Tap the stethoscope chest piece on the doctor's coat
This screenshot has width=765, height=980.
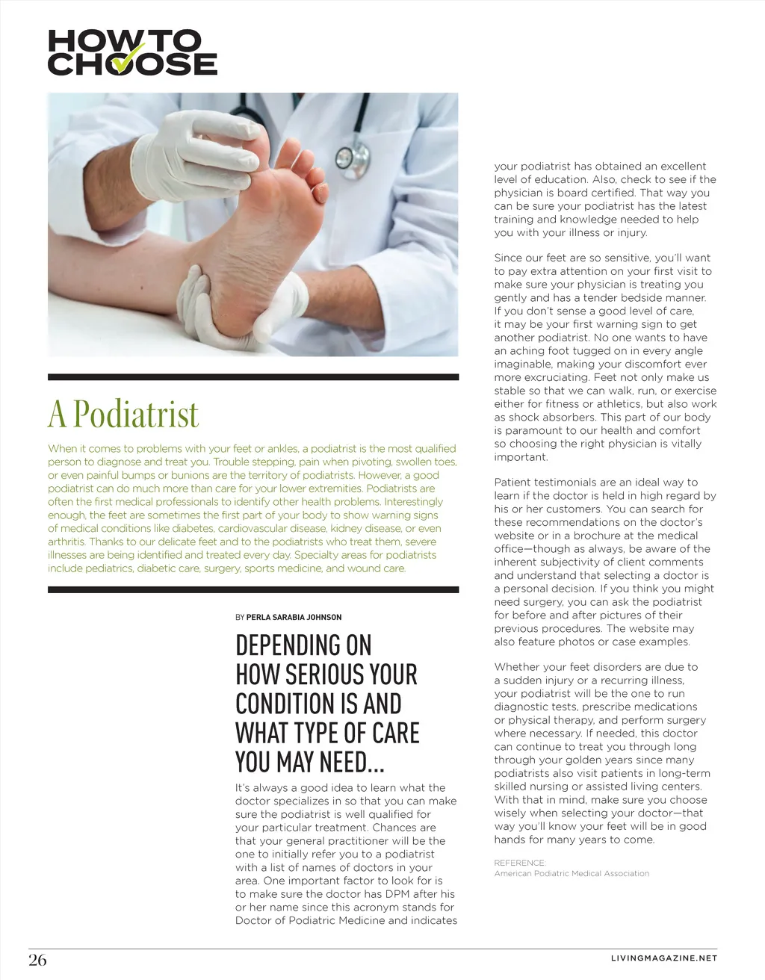pos(345,158)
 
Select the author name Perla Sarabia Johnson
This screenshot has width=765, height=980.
pos(294,618)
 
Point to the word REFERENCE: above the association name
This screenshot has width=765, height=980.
pos(520,863)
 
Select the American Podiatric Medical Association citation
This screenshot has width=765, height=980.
pos(572,873)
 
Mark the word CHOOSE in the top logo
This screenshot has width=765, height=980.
pos(132,64)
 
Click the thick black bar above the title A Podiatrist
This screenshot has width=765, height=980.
pos(253,377)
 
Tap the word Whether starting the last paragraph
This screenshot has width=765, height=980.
pos(518,667)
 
